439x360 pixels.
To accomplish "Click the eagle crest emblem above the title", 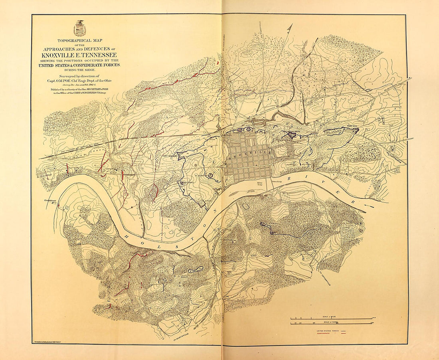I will (x=80, y=28).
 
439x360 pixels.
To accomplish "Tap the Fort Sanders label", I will (x=170, y=156).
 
